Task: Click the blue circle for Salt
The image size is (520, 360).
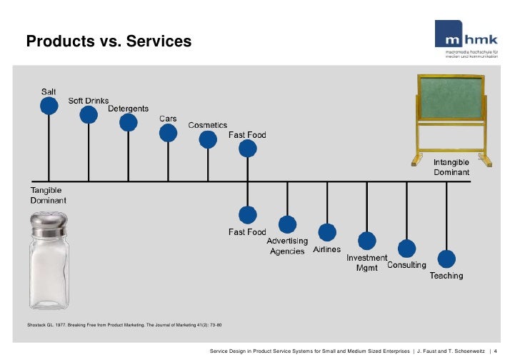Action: (49, 106)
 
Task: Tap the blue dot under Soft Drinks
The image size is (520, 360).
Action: (89, 114)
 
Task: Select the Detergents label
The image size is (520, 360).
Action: (129, 109)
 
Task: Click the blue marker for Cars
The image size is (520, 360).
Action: (168, 132)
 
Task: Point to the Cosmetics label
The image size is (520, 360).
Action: (208, 125)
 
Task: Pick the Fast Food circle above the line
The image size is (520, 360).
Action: (248, 148)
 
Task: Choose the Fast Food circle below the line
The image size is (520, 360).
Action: (248, 214)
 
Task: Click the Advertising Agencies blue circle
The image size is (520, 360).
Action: (288, 224)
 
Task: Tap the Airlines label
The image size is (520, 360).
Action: (327, 251)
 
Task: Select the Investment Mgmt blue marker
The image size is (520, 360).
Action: (367, 241)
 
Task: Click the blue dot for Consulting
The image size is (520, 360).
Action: (406, 249)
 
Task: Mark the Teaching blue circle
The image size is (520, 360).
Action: (446, 259)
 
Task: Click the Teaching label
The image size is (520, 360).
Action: (446, 276)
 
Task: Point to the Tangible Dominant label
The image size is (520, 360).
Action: (49, 196)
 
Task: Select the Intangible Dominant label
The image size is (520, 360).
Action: (451, 168)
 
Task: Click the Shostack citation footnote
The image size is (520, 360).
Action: (124, 326)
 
